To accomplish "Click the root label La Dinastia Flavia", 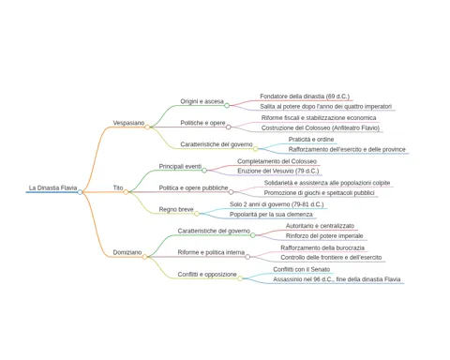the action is point(52,187).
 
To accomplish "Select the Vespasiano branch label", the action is point(128,123).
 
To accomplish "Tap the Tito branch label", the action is point(118,187).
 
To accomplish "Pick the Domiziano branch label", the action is point(127,252).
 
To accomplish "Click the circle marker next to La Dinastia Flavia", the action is point(80,192).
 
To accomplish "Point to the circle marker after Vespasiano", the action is point(147,127).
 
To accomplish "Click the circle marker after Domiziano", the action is point(144,257).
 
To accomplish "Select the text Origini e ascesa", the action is point(202,101).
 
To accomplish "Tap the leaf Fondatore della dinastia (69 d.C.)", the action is point(305,97).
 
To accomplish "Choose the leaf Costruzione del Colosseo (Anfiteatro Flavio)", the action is point(321,127).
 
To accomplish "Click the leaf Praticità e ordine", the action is point(311,139).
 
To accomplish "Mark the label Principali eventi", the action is point(180,166).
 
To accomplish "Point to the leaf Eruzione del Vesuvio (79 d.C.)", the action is point(278,171).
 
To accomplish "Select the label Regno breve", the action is point(176,209).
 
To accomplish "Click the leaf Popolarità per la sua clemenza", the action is point(271,215).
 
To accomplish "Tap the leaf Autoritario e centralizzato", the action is point(320,226).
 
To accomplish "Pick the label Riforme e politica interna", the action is point(211,252).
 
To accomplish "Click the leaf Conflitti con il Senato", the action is point(302,269).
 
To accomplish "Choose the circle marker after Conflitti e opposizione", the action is point(240,278).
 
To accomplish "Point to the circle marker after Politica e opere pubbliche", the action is point(231,192).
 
